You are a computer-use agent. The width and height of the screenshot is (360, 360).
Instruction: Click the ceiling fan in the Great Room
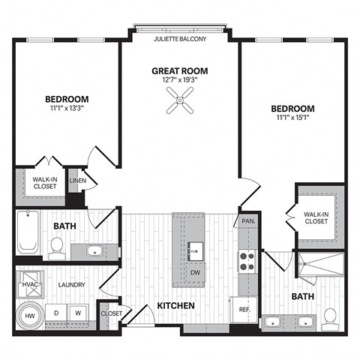coord(179,99)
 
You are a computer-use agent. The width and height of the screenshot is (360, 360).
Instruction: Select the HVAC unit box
coord(28,284)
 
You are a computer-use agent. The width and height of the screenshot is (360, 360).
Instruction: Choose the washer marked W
coord(77,312)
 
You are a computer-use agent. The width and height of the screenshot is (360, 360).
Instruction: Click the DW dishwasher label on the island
coord(194,272)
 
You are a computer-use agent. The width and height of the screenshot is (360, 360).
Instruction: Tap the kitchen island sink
coord(194,249)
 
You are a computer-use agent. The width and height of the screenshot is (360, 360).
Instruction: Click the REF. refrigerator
coord(244,308)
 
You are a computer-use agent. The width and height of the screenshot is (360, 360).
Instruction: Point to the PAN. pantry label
coord(247,221)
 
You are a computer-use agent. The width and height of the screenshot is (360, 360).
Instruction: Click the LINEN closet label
coord(76,181)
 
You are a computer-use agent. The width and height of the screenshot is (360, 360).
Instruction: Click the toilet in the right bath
coord(330,319)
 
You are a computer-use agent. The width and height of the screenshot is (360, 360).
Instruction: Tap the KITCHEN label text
coord(176,306)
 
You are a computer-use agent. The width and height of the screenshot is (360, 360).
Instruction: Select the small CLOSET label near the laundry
coord(111,313)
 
